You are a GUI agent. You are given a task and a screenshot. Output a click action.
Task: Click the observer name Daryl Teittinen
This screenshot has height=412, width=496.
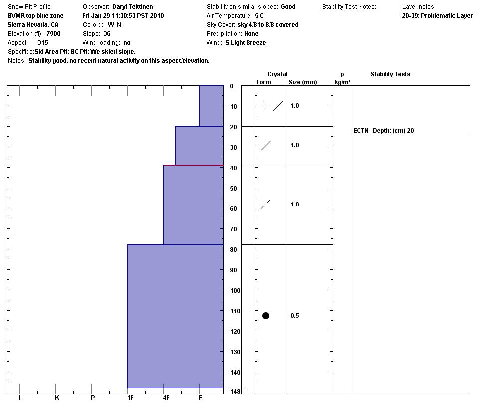[x=133, y=7]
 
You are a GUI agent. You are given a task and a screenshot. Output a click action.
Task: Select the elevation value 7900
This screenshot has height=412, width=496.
[x=53, y=34]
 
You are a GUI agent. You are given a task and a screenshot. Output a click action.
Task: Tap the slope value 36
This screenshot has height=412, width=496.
[x=107, y=34]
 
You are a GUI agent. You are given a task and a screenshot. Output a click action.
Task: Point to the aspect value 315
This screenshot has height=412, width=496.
[x=43, y=43]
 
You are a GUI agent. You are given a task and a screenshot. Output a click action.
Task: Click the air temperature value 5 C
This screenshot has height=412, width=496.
[x=259, y=16]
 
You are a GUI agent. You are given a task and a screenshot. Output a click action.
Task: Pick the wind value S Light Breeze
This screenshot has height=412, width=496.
[x=246, y=43]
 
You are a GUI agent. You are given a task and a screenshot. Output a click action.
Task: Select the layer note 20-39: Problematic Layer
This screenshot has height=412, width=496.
[x=437, y=16]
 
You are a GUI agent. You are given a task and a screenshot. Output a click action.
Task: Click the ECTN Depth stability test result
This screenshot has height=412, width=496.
[x=384, y=131]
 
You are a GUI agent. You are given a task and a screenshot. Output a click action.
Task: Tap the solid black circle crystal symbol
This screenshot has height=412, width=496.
[x=266, y=316]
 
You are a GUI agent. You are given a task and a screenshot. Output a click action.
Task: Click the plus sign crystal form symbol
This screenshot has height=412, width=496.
[x=266, y=106]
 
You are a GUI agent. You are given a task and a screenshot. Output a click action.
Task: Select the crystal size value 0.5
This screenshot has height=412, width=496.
[x=295, y=316]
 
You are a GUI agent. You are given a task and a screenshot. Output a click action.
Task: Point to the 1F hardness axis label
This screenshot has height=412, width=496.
[x=130, y=398]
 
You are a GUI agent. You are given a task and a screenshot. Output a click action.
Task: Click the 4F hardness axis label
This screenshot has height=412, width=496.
[x=166, y=398]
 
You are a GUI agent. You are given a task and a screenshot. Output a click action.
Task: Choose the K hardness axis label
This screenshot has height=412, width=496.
[x=57, y=398]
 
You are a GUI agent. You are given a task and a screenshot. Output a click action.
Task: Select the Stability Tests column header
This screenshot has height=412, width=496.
[x=390, y=74]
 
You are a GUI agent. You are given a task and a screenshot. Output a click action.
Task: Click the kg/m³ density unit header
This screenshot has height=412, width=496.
[x=342, y=82]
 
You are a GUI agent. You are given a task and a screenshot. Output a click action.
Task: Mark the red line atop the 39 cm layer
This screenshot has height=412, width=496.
[x=193, y=165]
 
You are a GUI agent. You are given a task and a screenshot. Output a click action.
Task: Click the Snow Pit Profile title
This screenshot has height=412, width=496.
[x=29, y=7]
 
